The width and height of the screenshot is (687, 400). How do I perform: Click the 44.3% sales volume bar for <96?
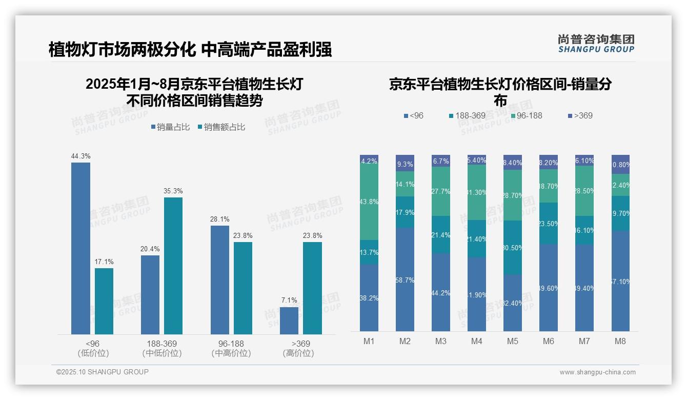coord(80,248)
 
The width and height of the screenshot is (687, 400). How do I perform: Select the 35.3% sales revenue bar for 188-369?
coord(173,266)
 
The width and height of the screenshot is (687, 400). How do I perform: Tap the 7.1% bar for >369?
coord(289,321)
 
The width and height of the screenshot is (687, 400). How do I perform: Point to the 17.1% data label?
coord(104,262)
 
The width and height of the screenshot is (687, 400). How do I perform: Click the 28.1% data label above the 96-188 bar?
coord(219,219)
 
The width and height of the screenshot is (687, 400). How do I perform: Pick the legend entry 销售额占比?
coord(221,127)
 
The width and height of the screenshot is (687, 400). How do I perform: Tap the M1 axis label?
coord(369,341)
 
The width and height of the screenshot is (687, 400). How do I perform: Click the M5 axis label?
coord(513,341)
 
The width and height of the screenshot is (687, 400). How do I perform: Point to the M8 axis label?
coord(620,341)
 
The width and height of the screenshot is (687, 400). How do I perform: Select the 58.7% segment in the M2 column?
coord(405,279)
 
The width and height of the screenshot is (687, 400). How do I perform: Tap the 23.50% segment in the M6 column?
coord(549,224)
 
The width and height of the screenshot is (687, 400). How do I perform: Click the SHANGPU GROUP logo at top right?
coord(596,44)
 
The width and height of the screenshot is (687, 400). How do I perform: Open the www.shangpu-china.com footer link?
coord(597,372)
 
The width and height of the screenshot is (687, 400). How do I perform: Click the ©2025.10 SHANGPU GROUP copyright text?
coord(103,372)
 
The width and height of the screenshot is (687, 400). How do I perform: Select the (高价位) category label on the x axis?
coord(298,353)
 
